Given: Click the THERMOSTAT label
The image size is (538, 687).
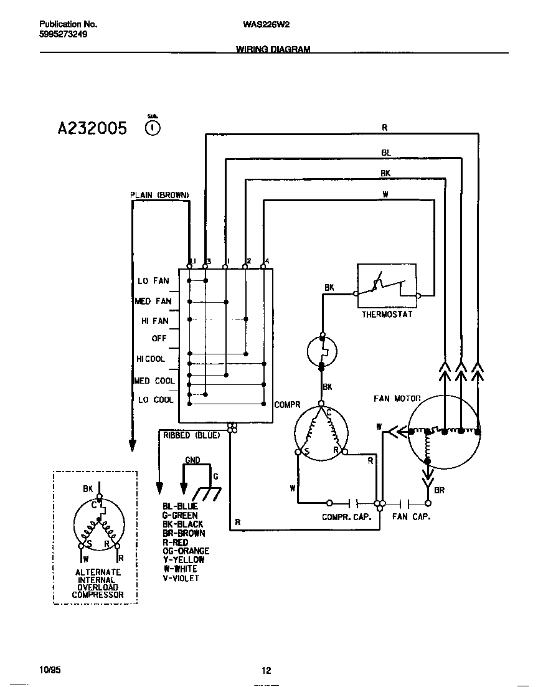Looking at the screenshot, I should pyautogui.click(x=387, y=315).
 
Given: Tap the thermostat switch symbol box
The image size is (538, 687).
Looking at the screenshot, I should pyautogui.click(x=387, y=286).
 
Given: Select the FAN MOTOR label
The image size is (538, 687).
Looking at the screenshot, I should pyautogui.click(x=397, y=398).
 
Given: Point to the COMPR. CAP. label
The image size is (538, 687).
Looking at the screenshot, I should pyautogui.click(x=346, y=517).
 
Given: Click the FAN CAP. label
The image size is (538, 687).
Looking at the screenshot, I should pyautogui.click(x=411, y=517).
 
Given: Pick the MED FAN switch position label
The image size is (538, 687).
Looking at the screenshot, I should pyautogui.click(x=153, y=301).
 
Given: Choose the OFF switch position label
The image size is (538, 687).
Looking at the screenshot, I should pyautogui.click(x=159, y=339).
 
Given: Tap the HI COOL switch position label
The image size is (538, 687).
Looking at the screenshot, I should pyautogui.click(x=151, y=359).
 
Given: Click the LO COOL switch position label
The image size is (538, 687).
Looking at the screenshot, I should pyautogui.click(x=155, y=400).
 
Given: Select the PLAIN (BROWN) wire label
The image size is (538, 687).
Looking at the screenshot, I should pyautogui.click(x=159, y=195).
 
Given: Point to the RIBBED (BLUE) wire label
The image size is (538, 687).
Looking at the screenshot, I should pyautogui.click(x=191, y=435).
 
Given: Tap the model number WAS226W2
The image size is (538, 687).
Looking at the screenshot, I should pyautogui.click(x=265, y=24).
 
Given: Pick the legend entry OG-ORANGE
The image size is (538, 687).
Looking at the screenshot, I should pyautogui.click(x=186, y=551).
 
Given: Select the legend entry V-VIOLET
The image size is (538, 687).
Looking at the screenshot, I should pyautogui.click(x=181, y=578).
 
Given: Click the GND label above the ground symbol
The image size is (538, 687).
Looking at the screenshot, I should pyautogui.click(x=192, y=460).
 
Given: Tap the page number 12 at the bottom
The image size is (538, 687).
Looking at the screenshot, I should pyautogui.click(x=266, y=671).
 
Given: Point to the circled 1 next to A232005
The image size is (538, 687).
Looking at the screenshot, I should pyautogui.click(x=152, y=128).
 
